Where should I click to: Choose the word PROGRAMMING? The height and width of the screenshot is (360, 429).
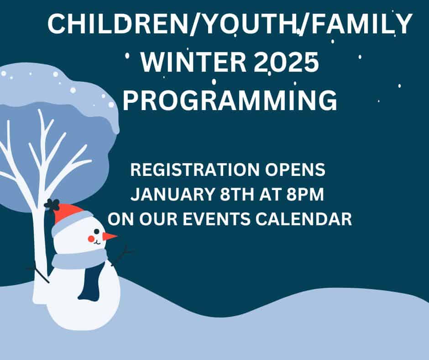point(230,100)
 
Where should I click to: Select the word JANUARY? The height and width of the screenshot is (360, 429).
point(173,194)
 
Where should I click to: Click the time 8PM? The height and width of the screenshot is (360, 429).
point(305,194)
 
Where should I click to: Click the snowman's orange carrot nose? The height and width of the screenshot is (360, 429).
point(110,237)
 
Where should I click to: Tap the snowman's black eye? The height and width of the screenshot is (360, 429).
point(97,232)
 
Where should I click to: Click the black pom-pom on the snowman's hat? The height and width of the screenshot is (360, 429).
point(52,204)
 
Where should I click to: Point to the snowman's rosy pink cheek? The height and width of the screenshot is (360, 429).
point(91,239)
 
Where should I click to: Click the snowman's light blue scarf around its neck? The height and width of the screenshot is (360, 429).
point(79,259)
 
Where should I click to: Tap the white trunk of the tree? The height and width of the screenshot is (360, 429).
point(40,247)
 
